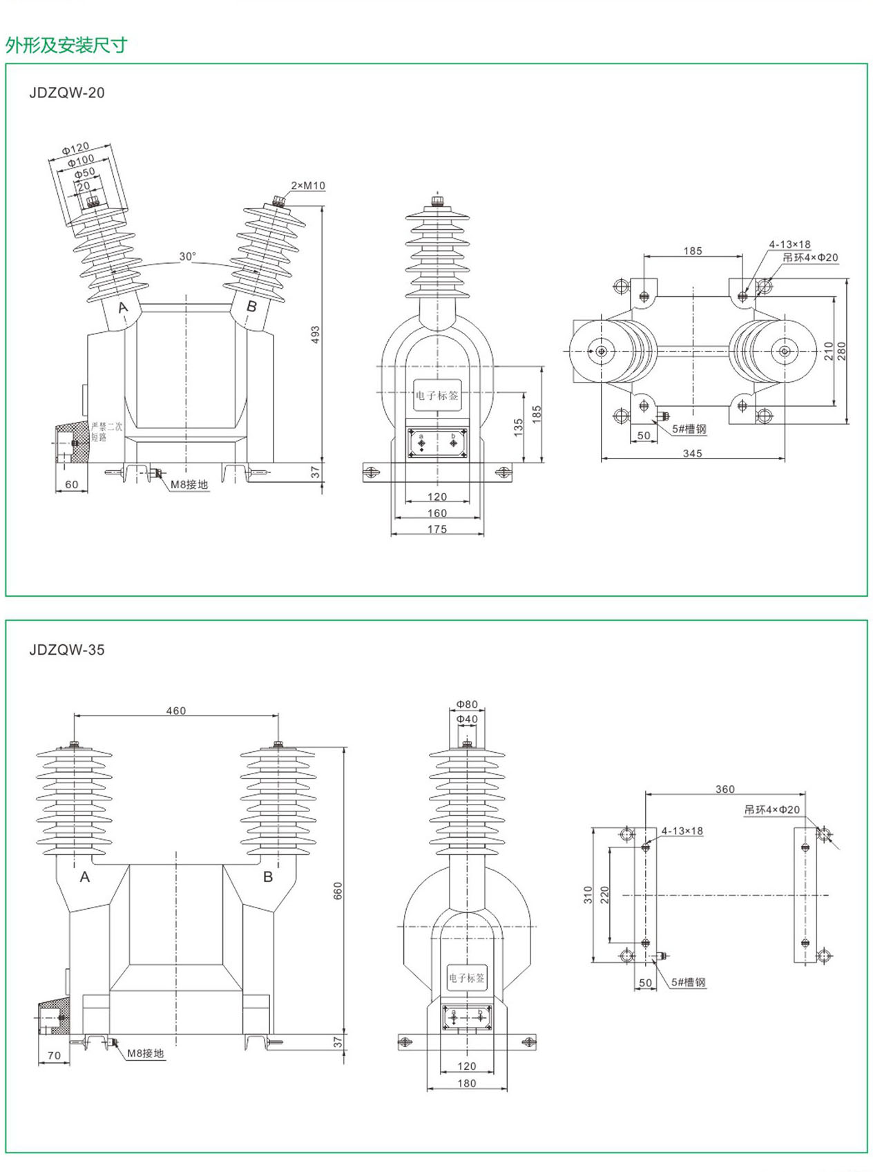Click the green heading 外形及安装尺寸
66,46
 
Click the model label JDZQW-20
67,93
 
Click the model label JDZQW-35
67,650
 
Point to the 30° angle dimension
187,256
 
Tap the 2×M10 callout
307,186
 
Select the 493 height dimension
316,335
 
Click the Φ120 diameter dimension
75,148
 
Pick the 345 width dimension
692,453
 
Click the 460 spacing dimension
176,711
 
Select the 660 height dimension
338,890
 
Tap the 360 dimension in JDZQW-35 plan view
725,789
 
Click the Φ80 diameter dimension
467,704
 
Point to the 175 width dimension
437,529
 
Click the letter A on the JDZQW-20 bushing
123,307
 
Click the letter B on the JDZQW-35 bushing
268,876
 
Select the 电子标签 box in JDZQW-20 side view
437,395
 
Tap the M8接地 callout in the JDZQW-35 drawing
146,1053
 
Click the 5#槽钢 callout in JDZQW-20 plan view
689,429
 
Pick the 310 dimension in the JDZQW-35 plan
588,894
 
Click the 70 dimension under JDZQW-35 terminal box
54,1055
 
